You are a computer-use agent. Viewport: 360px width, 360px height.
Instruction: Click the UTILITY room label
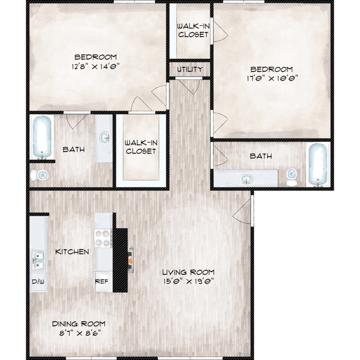coord(190,69)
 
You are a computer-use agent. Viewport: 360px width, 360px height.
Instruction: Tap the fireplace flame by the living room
coord(131,261)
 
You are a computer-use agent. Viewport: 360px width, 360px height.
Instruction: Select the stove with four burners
coord(103,238)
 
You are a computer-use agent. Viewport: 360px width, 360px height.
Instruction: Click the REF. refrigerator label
coord(102,281)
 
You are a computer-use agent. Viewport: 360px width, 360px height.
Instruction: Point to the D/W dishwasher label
coord(38,281)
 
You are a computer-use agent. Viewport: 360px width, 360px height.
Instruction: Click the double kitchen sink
coord(38,261)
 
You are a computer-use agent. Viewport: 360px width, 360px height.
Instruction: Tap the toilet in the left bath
coord(39,175)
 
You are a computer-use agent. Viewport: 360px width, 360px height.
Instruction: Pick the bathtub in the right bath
coord(318,164)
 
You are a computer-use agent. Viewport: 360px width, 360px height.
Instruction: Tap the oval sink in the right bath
coord(247,179)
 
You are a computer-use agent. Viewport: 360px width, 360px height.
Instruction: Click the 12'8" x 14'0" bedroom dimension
coord(96,67)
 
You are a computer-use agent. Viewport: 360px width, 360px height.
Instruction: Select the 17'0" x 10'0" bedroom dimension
coord(272,79)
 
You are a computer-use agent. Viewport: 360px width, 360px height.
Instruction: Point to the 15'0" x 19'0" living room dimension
coord(189,281)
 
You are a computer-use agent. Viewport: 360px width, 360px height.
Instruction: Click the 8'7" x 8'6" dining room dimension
coord(80,333)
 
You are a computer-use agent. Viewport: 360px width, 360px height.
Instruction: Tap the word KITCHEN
coord(72,252)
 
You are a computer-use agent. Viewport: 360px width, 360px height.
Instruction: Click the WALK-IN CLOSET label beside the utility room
coord(193,30)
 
